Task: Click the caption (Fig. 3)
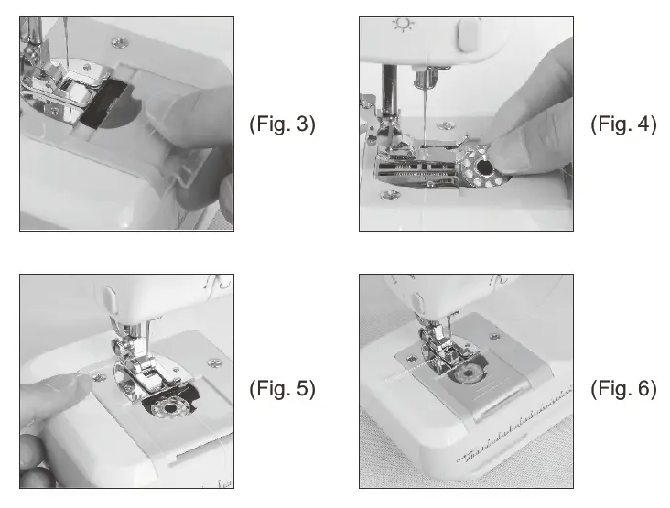pyautogui.click(x=282, y=125)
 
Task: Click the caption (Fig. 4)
pyautogui.click(x=623, y=125)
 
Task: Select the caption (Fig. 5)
pyautogui.click(x=282, y=388)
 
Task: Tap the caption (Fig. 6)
pyautogui.click(x=623, y=388)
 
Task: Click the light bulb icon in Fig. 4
pyautogui.click(x=401, y=25)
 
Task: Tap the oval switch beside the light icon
pyautogui.click(x=469, y=35)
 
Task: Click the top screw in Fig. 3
pyautogui.click(x=119, y=42)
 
